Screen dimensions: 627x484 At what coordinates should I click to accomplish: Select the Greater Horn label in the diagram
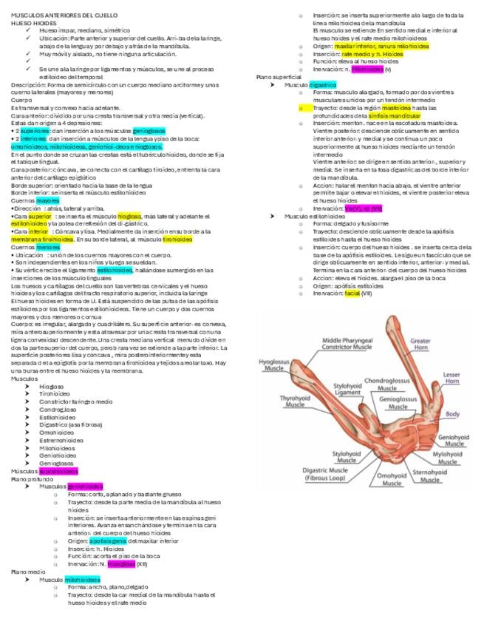(x=420, y=345)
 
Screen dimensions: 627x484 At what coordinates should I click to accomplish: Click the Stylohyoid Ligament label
(x=347, y=389)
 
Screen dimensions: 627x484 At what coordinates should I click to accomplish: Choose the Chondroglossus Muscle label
(x=387, y=384)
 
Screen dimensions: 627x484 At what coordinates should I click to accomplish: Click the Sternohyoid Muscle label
(x=434, y=475)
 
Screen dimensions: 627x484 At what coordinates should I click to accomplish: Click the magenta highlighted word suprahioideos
(x=58, y=471)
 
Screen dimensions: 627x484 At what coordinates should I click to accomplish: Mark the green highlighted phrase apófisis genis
(x=109, y=540)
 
